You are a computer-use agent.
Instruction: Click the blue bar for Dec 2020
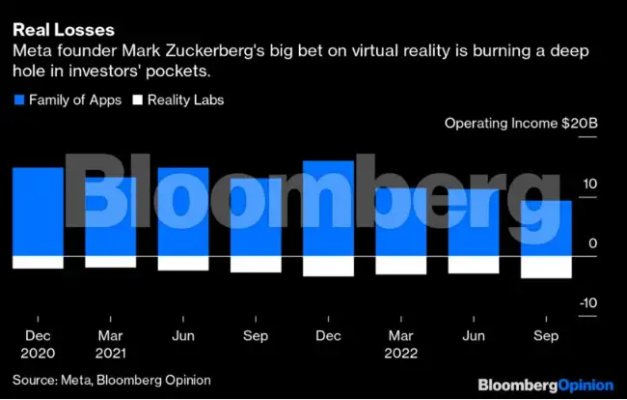point(38,212)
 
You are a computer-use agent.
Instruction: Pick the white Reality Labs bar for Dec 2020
point(38,262)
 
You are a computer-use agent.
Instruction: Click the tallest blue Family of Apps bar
point(328,209)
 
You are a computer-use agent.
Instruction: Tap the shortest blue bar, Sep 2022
point(546,228)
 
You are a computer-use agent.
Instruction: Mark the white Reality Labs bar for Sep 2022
point(546,267)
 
